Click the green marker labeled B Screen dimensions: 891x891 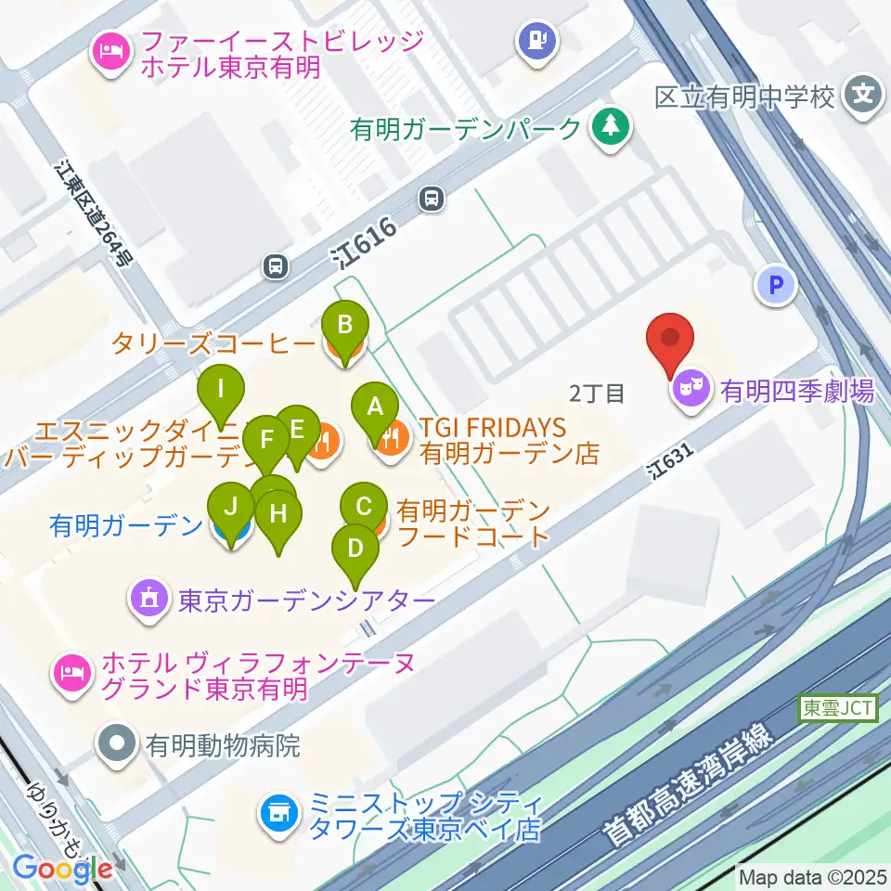(344, 326)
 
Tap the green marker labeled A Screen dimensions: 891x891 (375, 407)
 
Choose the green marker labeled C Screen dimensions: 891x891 (364, 507)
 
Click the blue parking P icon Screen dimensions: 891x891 (776, 285)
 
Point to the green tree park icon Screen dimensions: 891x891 (610, 129)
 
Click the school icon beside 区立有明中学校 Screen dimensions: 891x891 (863, 96)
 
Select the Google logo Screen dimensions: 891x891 (62, 869)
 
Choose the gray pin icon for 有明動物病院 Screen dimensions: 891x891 (118, 744)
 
